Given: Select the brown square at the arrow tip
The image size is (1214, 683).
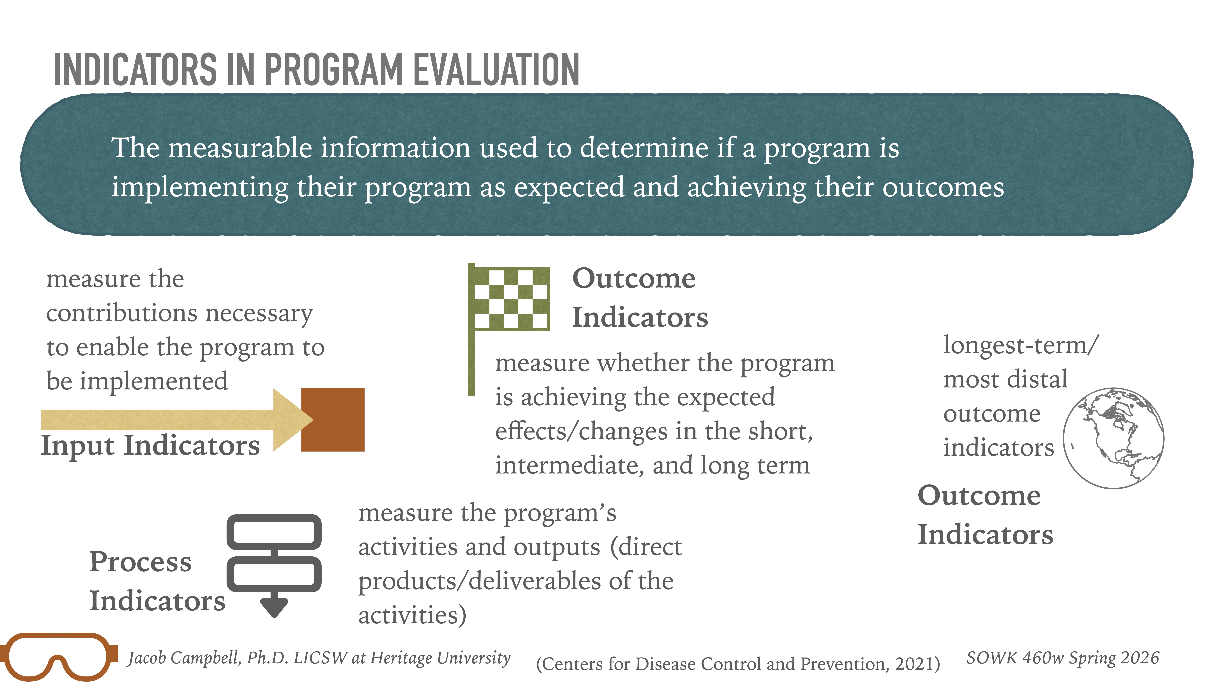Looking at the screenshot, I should pos(333,420).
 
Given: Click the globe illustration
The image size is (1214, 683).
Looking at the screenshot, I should pos(1113,438).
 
